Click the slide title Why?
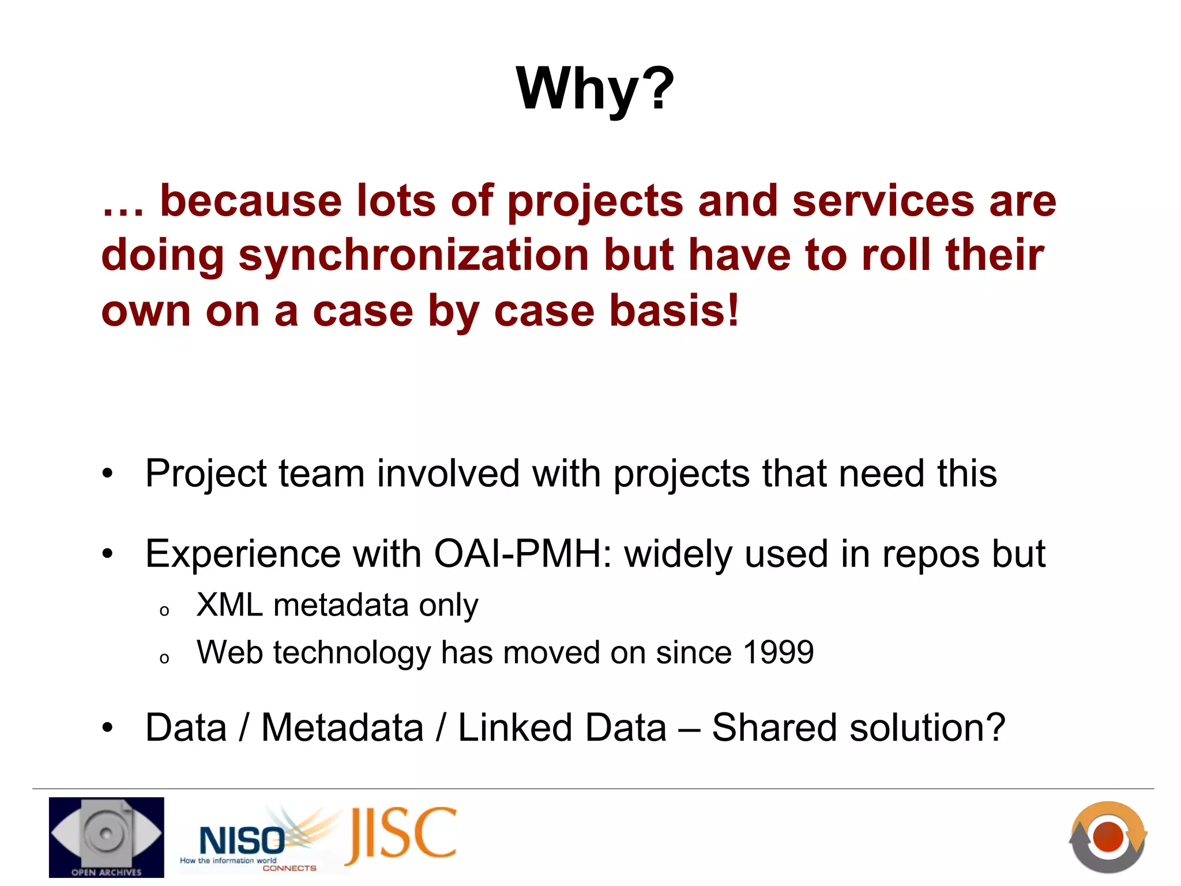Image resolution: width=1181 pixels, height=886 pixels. pos(595,89)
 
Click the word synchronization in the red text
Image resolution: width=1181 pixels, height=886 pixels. pos(414,256)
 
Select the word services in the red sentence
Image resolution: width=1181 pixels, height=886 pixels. pos(883,201)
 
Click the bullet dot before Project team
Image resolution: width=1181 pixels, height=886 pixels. pos(108,474)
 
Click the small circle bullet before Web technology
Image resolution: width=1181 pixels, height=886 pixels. pos(164,658)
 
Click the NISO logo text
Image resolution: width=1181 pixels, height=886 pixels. pos(242,840)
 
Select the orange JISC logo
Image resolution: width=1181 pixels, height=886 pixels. pos(401,835)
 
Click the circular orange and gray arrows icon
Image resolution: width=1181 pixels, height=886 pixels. pos(1108,836)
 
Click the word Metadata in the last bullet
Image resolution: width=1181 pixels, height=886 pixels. pos(343,728)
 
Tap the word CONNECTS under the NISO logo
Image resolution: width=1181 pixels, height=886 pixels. pos(289,868)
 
